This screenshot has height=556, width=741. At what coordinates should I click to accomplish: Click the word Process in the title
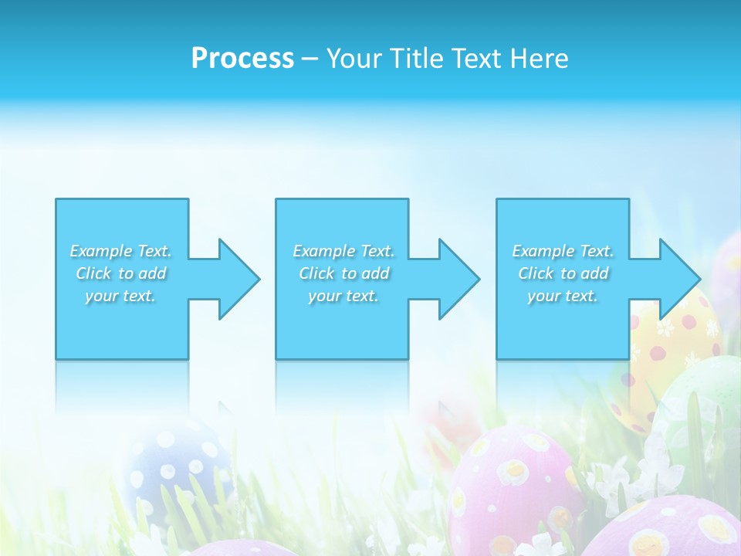[x=242, y=59]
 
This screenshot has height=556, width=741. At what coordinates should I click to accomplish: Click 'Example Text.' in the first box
[x=120, y=251]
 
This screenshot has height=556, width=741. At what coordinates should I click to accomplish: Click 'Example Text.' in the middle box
[x=343, y=251]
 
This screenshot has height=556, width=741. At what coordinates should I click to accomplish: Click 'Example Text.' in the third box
[x=563, y=251]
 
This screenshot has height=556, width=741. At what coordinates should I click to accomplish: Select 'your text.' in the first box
[x=120, y=296]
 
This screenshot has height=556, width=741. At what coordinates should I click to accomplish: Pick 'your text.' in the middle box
[x=343, y=296]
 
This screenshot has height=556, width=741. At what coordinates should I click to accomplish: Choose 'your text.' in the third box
[x=563, y=296]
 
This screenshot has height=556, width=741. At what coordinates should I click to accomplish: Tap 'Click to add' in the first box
[x=120, y=273]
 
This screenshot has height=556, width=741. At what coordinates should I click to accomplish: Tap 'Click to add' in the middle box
[x=343, y=273]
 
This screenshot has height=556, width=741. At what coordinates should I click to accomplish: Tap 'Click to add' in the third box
[x=563, y=273]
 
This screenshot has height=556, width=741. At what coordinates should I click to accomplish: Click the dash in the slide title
[x=310, y=59]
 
